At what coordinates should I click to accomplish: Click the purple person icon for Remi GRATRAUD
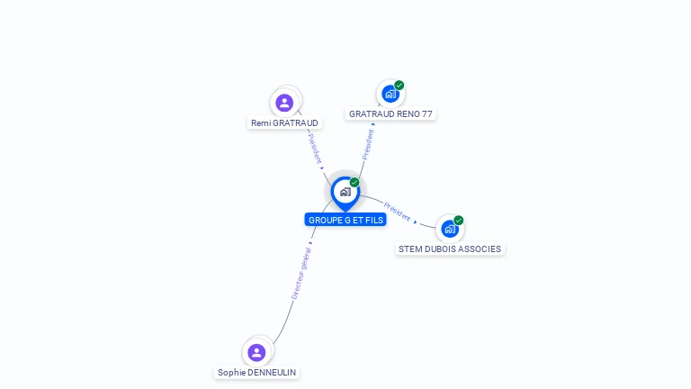click(x=284, y=103)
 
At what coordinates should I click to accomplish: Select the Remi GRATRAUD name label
click(x=284, y=122)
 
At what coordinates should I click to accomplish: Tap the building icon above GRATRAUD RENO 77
click(x=390, y=94)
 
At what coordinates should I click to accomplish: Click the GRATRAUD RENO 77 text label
click(x=390, y=114)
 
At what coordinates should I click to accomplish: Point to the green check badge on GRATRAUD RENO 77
click(x=399, y=86)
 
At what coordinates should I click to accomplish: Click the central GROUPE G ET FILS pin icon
click(x=345, y=192)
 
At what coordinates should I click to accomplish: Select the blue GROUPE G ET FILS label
click(x=345, y=220)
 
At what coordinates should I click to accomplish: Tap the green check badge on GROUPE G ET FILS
click(x=354, y=182)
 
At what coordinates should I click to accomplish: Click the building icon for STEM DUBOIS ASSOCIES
click(x=450, y=229)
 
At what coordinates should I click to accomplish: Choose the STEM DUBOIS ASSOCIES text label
click(x=450, y=249)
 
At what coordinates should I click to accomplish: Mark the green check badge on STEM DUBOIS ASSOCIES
click(x=459, y=220)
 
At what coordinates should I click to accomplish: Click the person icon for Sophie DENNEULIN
click(x=256, y=352)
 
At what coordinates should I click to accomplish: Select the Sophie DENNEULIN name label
click(x=256, y=372)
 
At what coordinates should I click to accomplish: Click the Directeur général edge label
click(x=301, y=274)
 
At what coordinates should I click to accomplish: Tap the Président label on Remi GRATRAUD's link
click(x=313, y=147)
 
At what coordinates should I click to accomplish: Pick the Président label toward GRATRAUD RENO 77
click(x=367, y=143)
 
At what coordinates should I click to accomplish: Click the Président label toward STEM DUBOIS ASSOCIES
click(x=397, y=211)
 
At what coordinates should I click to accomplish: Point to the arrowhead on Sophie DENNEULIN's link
click(x=310, y=243)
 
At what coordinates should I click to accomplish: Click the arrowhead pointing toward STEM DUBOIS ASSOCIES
click(x=415, y=221)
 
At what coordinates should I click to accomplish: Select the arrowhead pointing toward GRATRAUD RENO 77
click(x=372, y=124)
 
